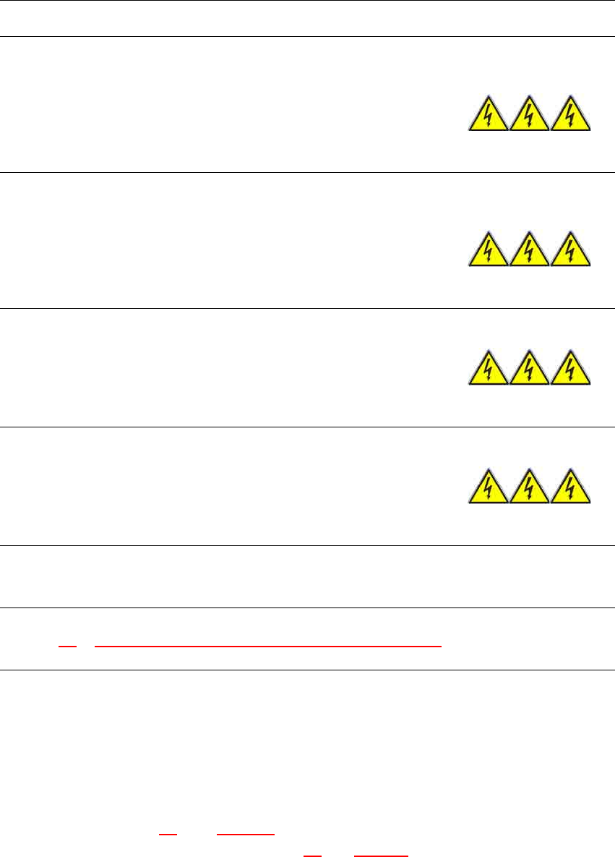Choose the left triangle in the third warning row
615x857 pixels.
click(488, 370)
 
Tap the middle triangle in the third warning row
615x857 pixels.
click(529, 370)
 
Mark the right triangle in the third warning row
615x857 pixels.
click(571, 370)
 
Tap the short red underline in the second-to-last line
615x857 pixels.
click(168, 835)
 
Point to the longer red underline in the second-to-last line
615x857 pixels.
click(246, 835)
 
